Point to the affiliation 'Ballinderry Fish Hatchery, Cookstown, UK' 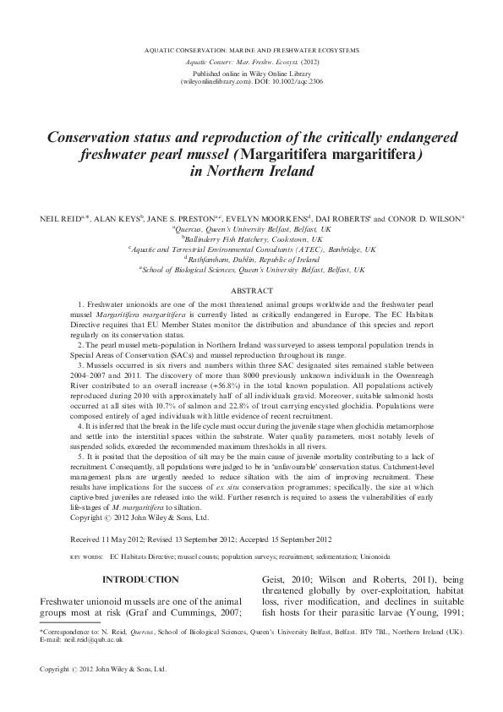click(252, 239)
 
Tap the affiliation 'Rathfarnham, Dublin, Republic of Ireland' click(252, 260)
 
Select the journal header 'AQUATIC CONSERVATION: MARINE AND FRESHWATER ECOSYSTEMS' click(251, 51)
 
